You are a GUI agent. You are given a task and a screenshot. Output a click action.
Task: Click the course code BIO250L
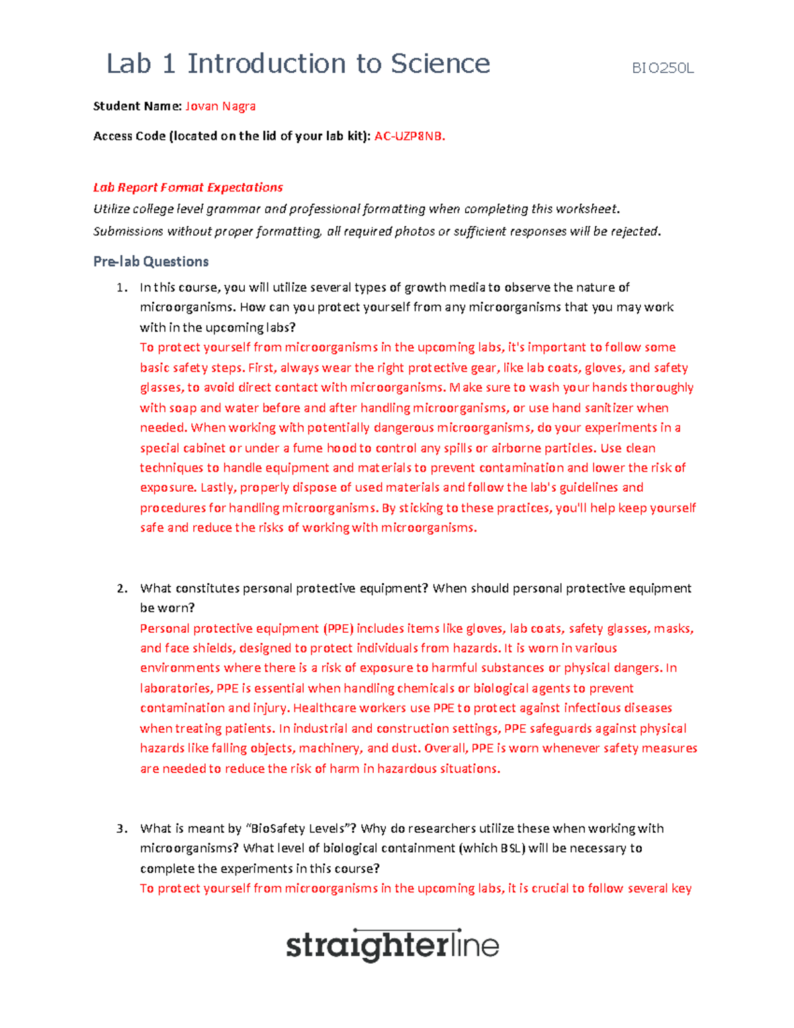point(662,68)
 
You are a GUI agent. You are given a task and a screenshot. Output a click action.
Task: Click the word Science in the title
point(440,64)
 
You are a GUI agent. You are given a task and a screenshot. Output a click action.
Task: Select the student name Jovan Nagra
point(220,106)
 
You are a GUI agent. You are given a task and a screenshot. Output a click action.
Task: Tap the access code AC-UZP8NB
point(409,136)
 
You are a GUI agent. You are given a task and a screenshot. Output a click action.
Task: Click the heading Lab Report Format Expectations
point(188,187)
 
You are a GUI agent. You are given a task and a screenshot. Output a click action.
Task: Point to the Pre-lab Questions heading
point(151,261)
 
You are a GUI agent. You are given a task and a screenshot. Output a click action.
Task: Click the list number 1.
point(121,287)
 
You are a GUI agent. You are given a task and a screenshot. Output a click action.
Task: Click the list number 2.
point(121,588)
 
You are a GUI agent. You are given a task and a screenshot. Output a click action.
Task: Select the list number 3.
point(121,829)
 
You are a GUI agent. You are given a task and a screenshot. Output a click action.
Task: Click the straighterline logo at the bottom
point(392,945)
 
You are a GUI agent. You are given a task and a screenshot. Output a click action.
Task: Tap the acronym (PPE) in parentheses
point(338,628)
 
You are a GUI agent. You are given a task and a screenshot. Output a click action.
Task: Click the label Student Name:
point(137,106)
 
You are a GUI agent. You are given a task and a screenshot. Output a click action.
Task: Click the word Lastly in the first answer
point(217,488)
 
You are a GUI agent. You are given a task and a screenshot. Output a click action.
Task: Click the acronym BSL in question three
point(511,849)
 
